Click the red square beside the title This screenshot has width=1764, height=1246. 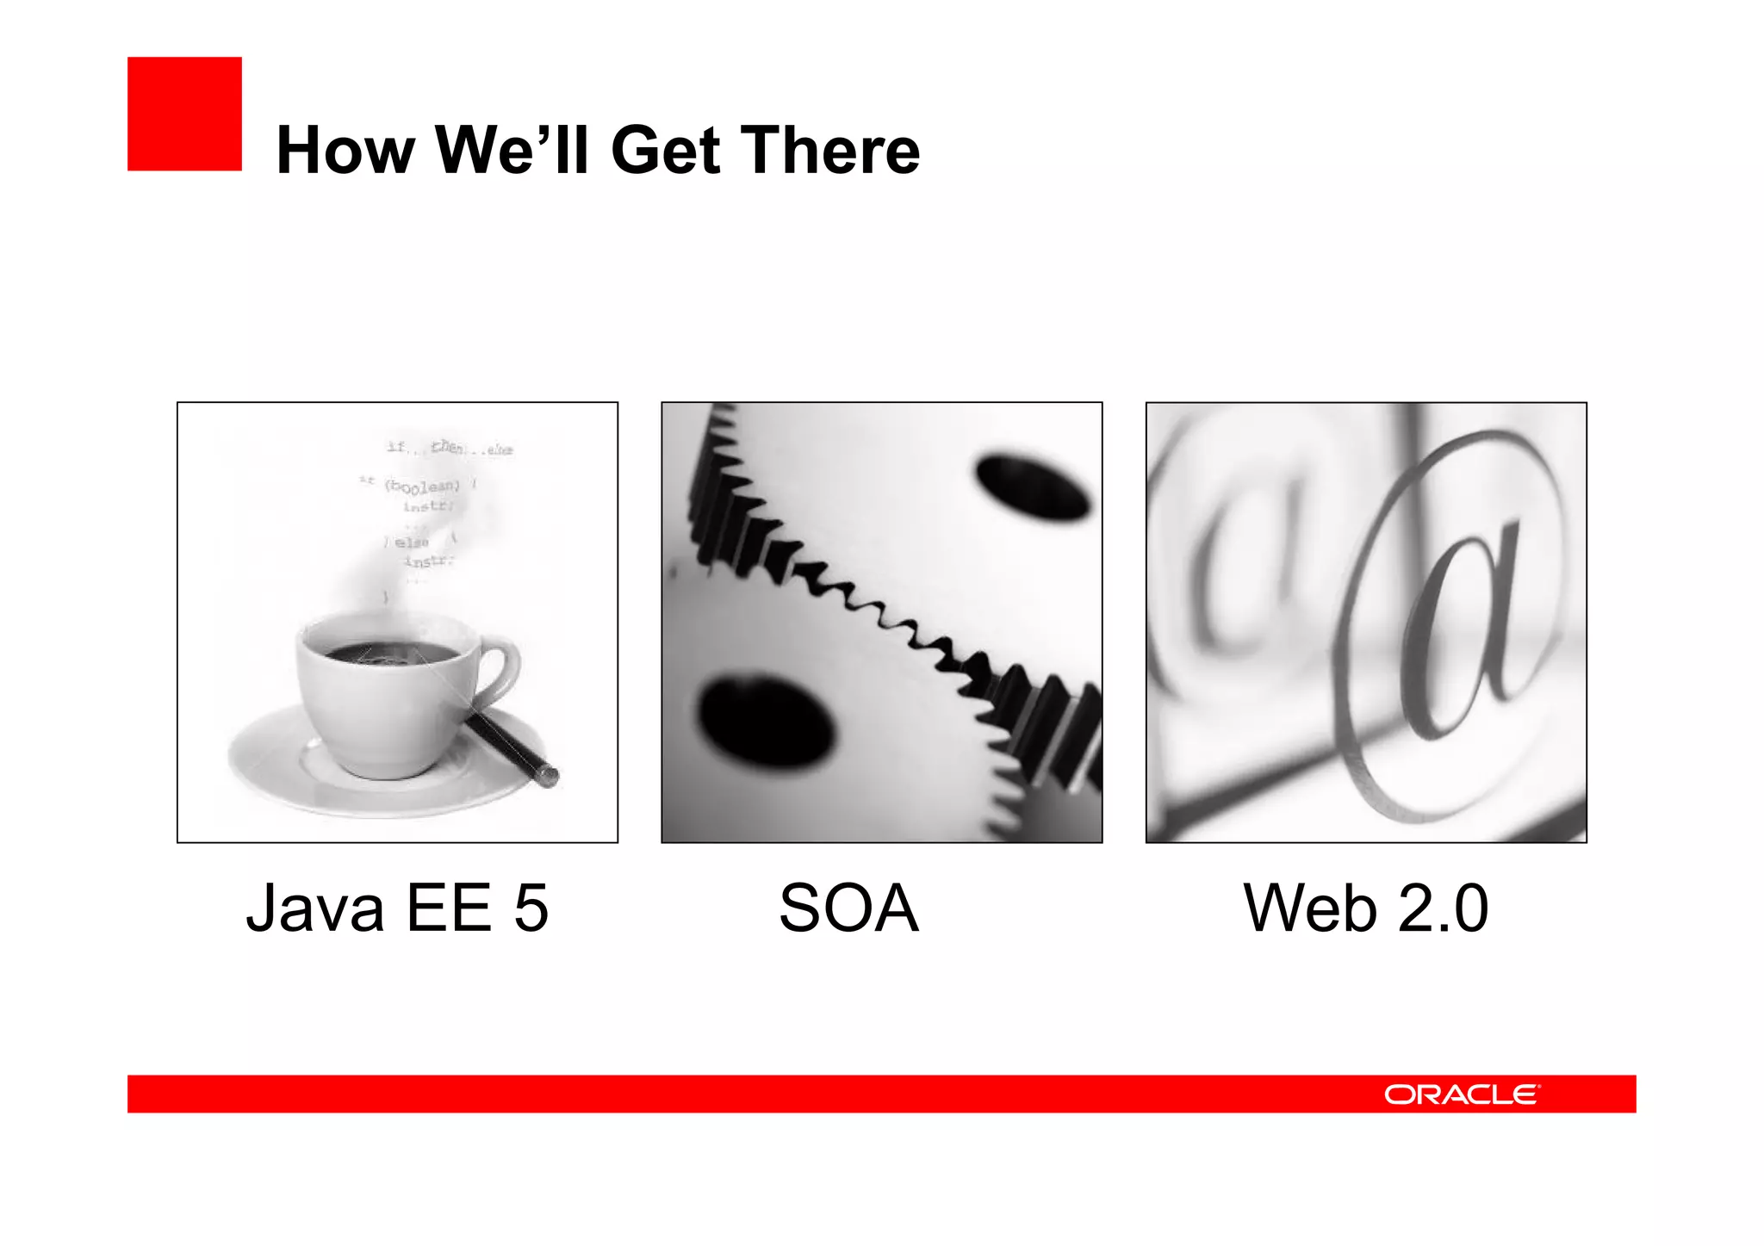coord(184,114)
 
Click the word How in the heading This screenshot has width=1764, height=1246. coord(345,151)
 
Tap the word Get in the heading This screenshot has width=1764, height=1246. coord(665,151)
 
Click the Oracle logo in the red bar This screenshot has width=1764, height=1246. coord(1461,1094)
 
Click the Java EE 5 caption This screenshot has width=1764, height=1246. coord(397,908)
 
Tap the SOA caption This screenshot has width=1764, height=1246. coord(848,908)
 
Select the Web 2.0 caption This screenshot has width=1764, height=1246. coord(1365,908)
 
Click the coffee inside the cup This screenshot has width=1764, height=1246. coord(392,654)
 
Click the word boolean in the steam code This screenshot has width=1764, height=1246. coord(422,487)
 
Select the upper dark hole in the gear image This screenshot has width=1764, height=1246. coord(1032,487)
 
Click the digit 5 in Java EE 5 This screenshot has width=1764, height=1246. coord(531,908)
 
